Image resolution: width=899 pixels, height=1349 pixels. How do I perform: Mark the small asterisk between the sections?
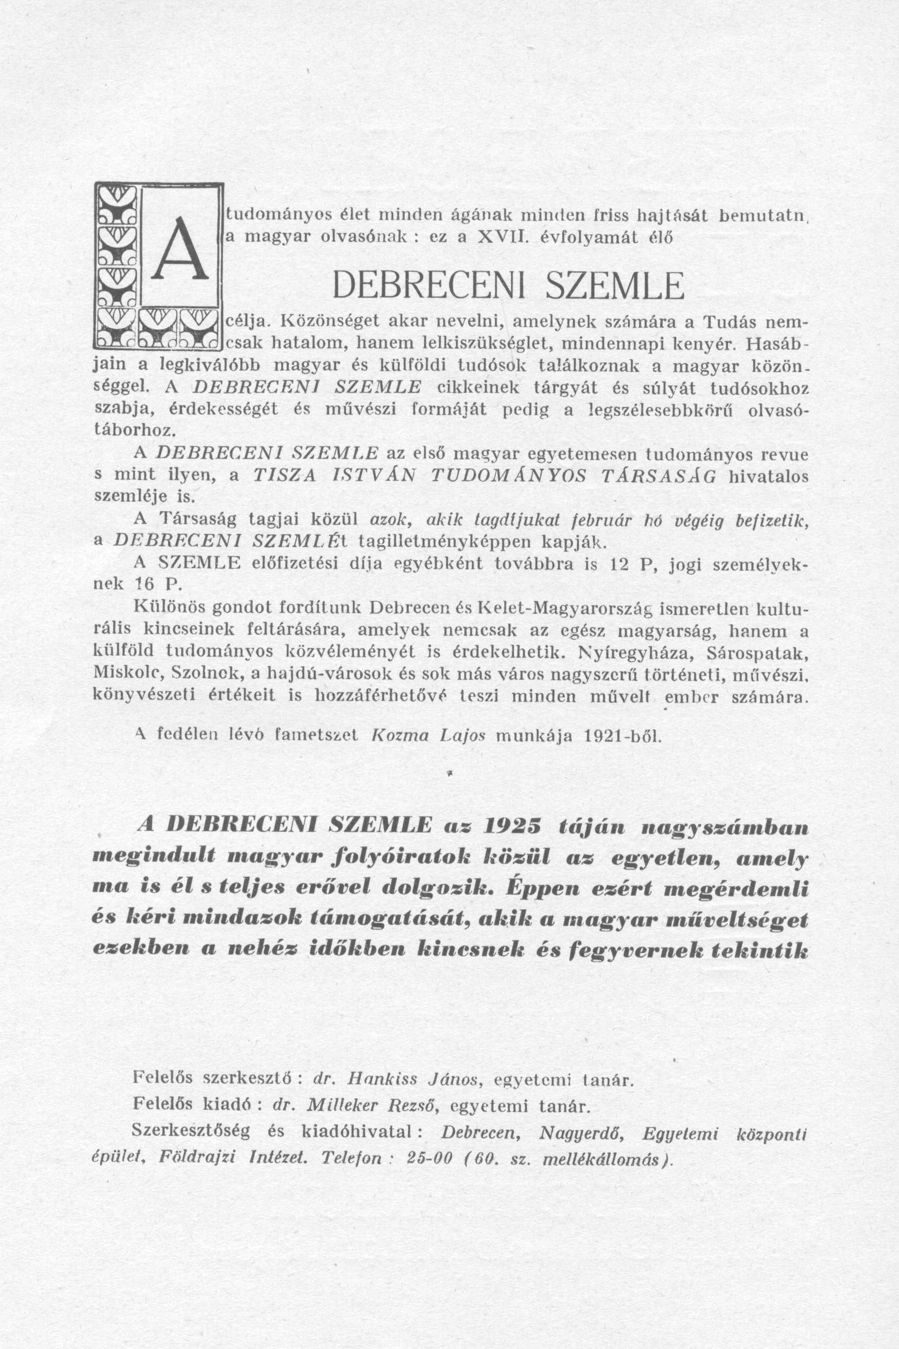tap(449, 774)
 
